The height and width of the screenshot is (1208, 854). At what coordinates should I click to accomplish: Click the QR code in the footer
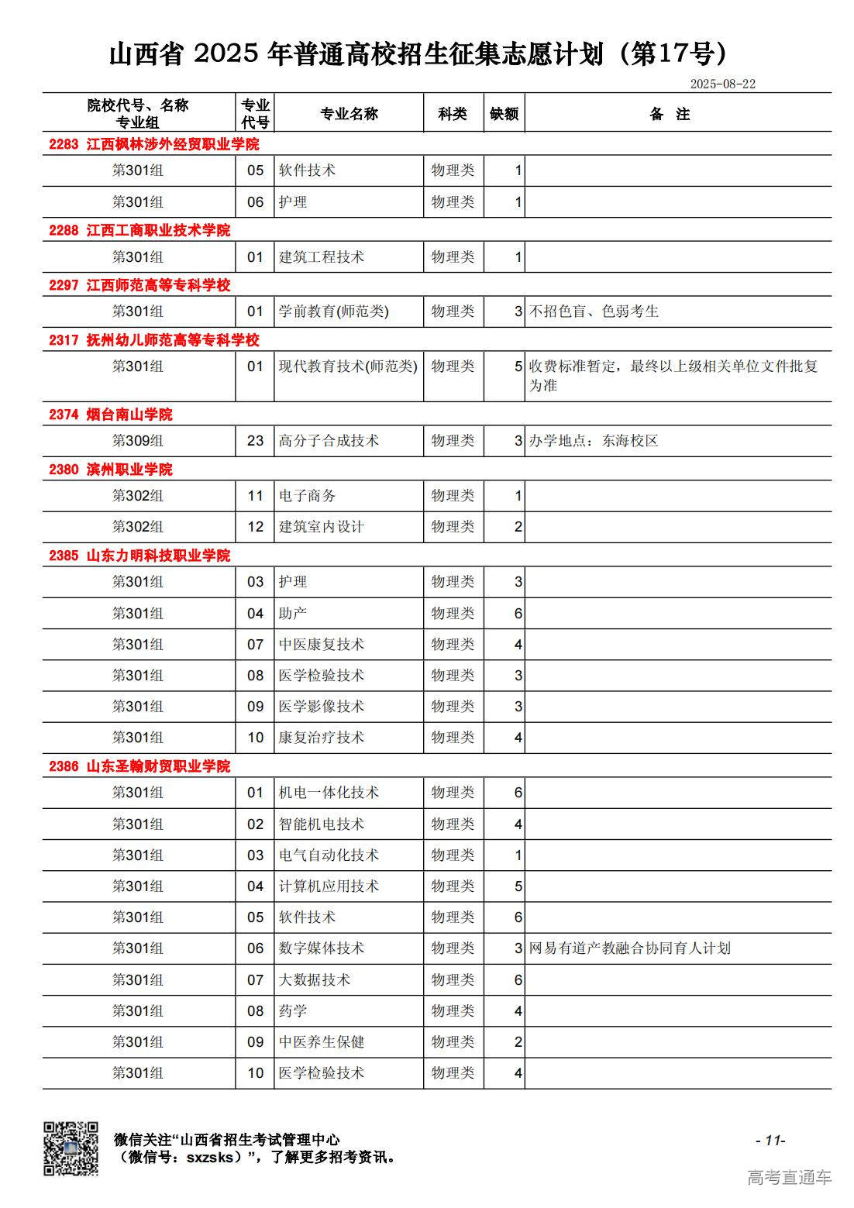(x=71, y=1148)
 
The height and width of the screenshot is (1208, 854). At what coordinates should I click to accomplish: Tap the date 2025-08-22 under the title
(x=722, y=84)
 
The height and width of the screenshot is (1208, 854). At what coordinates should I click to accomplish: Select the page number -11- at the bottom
(x=770, y=1140)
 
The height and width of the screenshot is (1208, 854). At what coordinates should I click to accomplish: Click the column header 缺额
(x=504, y=114)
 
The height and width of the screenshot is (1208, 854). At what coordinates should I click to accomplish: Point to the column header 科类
(x=453, y=114)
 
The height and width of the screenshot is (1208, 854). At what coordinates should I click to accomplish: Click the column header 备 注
(x=670, y=114)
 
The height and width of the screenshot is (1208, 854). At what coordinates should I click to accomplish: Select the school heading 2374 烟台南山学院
(x=111, y=415)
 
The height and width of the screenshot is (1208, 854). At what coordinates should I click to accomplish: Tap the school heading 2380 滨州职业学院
(x=111, y=470)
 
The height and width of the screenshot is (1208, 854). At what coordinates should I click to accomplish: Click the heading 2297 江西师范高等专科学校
(x=139, y=285)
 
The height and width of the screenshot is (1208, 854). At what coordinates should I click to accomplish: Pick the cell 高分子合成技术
(x=329, y=441)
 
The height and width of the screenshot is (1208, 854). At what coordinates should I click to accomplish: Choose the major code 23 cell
(x=255, y=441)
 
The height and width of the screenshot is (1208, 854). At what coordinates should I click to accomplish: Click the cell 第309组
(x=138, y=441)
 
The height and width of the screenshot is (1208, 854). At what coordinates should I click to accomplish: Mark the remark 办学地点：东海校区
(x=594, y=441)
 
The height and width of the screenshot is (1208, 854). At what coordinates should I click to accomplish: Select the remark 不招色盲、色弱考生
(x=594, y=311)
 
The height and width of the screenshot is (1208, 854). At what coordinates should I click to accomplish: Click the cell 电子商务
(x=307, y=496)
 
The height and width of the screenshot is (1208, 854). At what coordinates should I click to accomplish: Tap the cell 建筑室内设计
(x=321, y=527)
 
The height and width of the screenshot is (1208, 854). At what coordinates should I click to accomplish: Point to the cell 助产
(x=293, y=614)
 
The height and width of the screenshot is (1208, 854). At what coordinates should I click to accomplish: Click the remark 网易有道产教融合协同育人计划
(x=629, y=948)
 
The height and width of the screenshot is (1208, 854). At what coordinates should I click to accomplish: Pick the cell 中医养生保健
(x=321, y=1042)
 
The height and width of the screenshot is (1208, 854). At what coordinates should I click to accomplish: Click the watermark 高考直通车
(x=789, y=1178)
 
